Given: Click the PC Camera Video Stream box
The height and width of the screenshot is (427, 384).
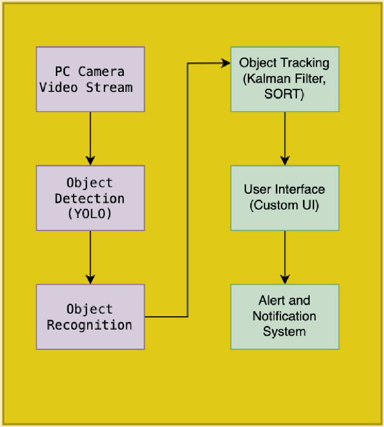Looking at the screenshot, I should pos(90,79).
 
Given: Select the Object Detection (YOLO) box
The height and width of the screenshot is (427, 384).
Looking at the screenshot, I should pos(90,198).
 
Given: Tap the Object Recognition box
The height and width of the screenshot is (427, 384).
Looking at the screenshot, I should pos(90,317).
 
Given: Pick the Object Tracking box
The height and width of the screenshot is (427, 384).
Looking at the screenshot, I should pos(285,79).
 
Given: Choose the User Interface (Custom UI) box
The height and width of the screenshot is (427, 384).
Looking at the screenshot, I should pos(285,198).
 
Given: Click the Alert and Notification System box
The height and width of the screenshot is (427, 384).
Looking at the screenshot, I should pos(285,317).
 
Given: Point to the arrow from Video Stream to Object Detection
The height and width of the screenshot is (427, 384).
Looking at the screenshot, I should pos(90,138).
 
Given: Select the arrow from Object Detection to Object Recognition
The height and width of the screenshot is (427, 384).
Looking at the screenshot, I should pos(90,257).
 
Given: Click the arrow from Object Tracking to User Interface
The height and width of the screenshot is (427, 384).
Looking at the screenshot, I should pos(285,138).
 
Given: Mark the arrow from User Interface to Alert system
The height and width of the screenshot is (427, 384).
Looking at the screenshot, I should pos(285,257).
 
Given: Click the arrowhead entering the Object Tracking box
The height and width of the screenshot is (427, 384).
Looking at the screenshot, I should pos(226,62).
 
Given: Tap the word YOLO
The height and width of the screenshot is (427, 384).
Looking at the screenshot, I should pos(90,214).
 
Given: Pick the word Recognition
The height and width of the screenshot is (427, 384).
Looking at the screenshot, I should pos(90,325).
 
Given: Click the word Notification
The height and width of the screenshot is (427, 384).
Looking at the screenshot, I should pos(285,317).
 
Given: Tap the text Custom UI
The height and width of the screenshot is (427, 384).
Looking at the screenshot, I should pos(285,206).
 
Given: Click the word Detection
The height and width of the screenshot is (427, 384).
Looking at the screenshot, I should pos(90,198).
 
